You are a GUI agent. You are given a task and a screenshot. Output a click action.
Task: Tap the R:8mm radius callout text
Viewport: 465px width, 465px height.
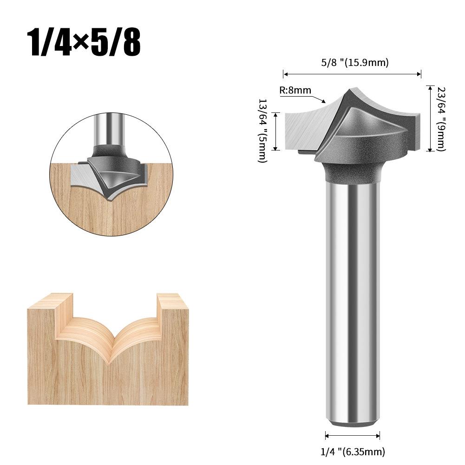click(295, 91)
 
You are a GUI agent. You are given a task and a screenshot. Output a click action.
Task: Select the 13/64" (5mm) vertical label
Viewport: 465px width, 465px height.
click(262, 131)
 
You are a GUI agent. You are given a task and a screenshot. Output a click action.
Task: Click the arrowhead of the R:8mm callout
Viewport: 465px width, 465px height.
click(325, 100)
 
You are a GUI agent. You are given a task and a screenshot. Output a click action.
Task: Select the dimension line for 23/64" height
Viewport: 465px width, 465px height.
click(430, 118)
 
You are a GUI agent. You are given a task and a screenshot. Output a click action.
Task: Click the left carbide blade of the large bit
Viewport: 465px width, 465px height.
click(307, 130)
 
